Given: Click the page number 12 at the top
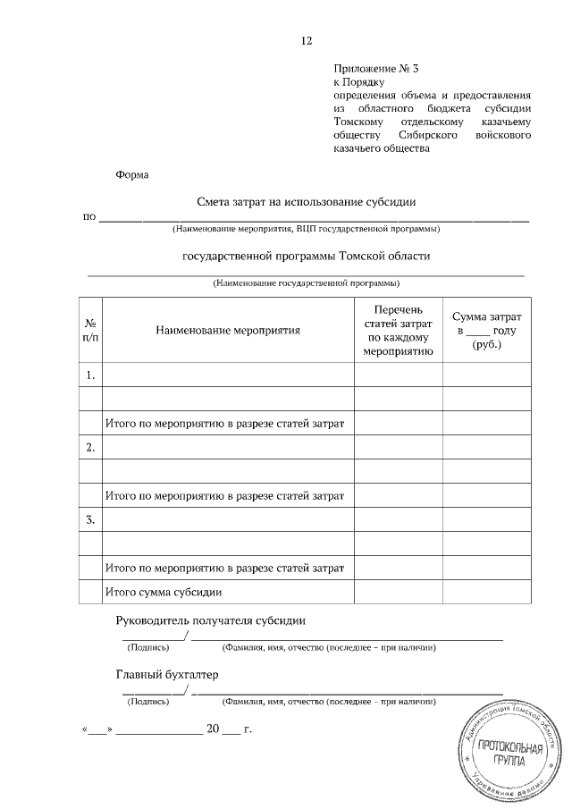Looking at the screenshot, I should [307, 41].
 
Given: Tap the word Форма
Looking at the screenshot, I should [132, 175].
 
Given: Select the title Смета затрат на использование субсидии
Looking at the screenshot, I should [307, 203].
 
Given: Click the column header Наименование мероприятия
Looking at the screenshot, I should [228, 330].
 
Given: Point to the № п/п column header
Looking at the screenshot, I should [91, 330].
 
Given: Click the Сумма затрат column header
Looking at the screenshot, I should [487, 330].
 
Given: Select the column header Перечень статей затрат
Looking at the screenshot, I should [398, 330].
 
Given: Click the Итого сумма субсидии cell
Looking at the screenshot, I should [164, 592].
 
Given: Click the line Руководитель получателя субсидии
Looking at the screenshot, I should [211, 621].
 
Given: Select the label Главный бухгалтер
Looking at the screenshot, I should [167, 675].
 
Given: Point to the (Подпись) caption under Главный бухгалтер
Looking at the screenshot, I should [149, 702].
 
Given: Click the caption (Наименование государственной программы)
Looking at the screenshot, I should [306, 283].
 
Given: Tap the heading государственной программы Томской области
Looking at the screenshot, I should [306, 256].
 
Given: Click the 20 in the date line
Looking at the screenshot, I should [213, 729].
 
